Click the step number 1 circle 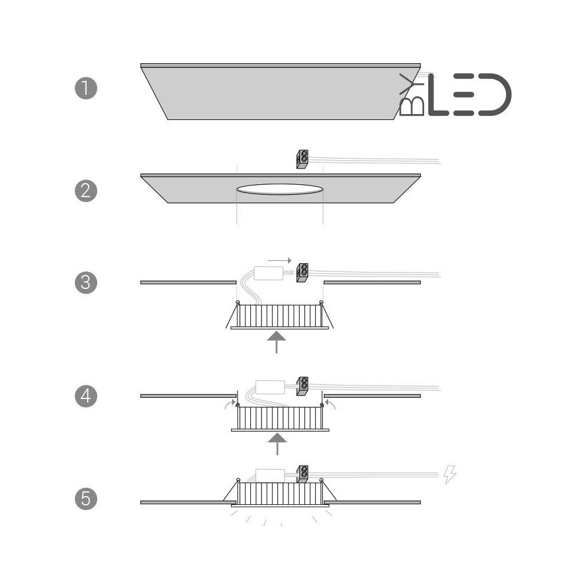pyautogui.click(x=86, y=88)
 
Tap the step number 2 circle pyautogui.click(x=86, y=191)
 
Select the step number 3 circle pyautogui.click(x=86, y=283)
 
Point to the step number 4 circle pyautogui.click(x=86, y=396)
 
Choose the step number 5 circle pyautogui.click(x=86, y=499)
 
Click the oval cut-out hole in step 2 pyautogui.click(x=280, y=189)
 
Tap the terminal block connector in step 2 pyautogui.click(x=302, y=159)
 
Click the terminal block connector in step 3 pyautogui.click(x=302, y=273)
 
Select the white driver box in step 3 pyautogui.click(x=269, y=273)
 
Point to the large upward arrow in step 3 pyautogui.click(x=277, y=342)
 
